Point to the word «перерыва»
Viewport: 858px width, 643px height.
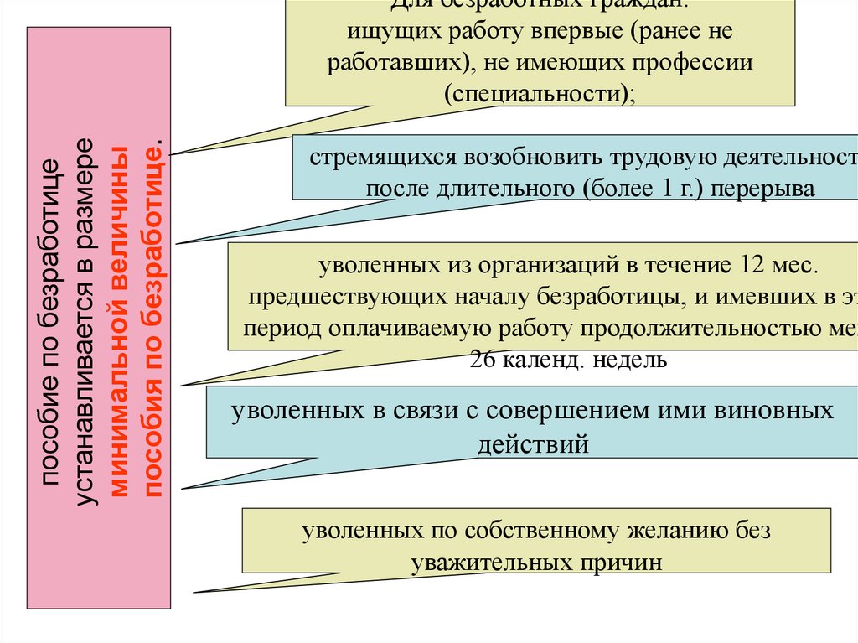[773, 189]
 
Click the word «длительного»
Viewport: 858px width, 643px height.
[503, 189]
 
